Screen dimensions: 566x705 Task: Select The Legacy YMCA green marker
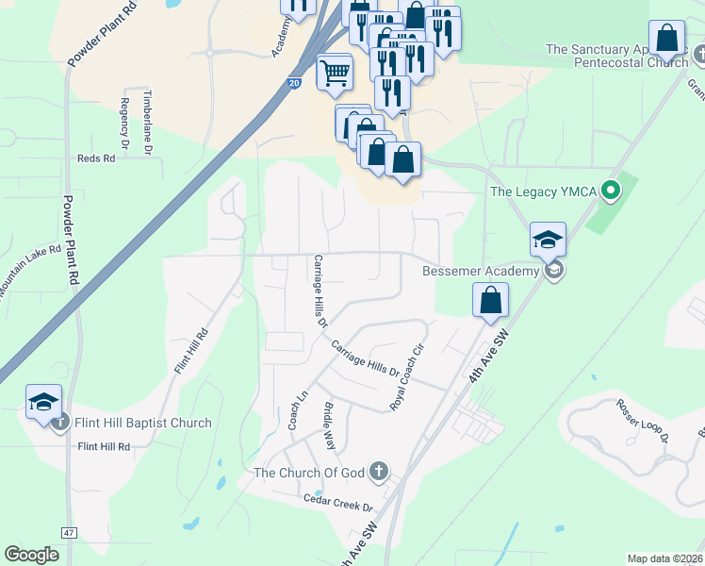point(611,192)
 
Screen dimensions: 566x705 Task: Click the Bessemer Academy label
point(480,271)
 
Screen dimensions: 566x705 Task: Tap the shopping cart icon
point(335,72)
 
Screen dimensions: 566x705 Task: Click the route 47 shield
point(69,533)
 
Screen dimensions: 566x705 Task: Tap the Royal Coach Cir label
point(405,376)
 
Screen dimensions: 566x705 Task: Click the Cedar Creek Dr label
point(337,502)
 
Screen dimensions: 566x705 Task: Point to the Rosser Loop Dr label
point(642,420)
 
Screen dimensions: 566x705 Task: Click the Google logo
point(31,554)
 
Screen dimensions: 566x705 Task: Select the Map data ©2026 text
point(664,558)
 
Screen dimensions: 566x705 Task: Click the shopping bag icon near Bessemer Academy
point(491,302)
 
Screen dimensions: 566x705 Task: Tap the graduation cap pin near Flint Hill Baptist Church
point(43,403)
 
